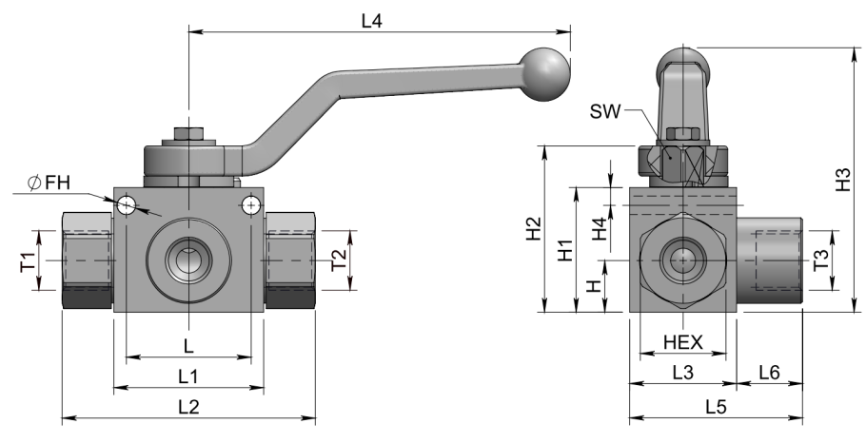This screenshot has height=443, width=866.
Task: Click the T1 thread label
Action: point(28,260)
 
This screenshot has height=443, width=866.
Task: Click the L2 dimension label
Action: point(188,406)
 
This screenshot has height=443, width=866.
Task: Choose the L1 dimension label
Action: point(188,376)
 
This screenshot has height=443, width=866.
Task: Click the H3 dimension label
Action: point(841,181)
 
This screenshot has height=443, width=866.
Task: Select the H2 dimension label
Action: point(533,229)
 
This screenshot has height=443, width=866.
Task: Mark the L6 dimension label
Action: point(769,374)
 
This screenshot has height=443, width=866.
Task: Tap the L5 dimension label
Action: point(716,406)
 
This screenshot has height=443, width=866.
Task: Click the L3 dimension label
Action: point(682,374)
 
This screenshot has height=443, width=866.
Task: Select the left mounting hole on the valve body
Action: point(127,203)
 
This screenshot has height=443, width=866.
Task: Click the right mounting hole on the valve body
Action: point(250,203)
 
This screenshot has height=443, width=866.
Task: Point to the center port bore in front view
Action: point(188,260)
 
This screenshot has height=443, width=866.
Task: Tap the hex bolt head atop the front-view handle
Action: point(188,133)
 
